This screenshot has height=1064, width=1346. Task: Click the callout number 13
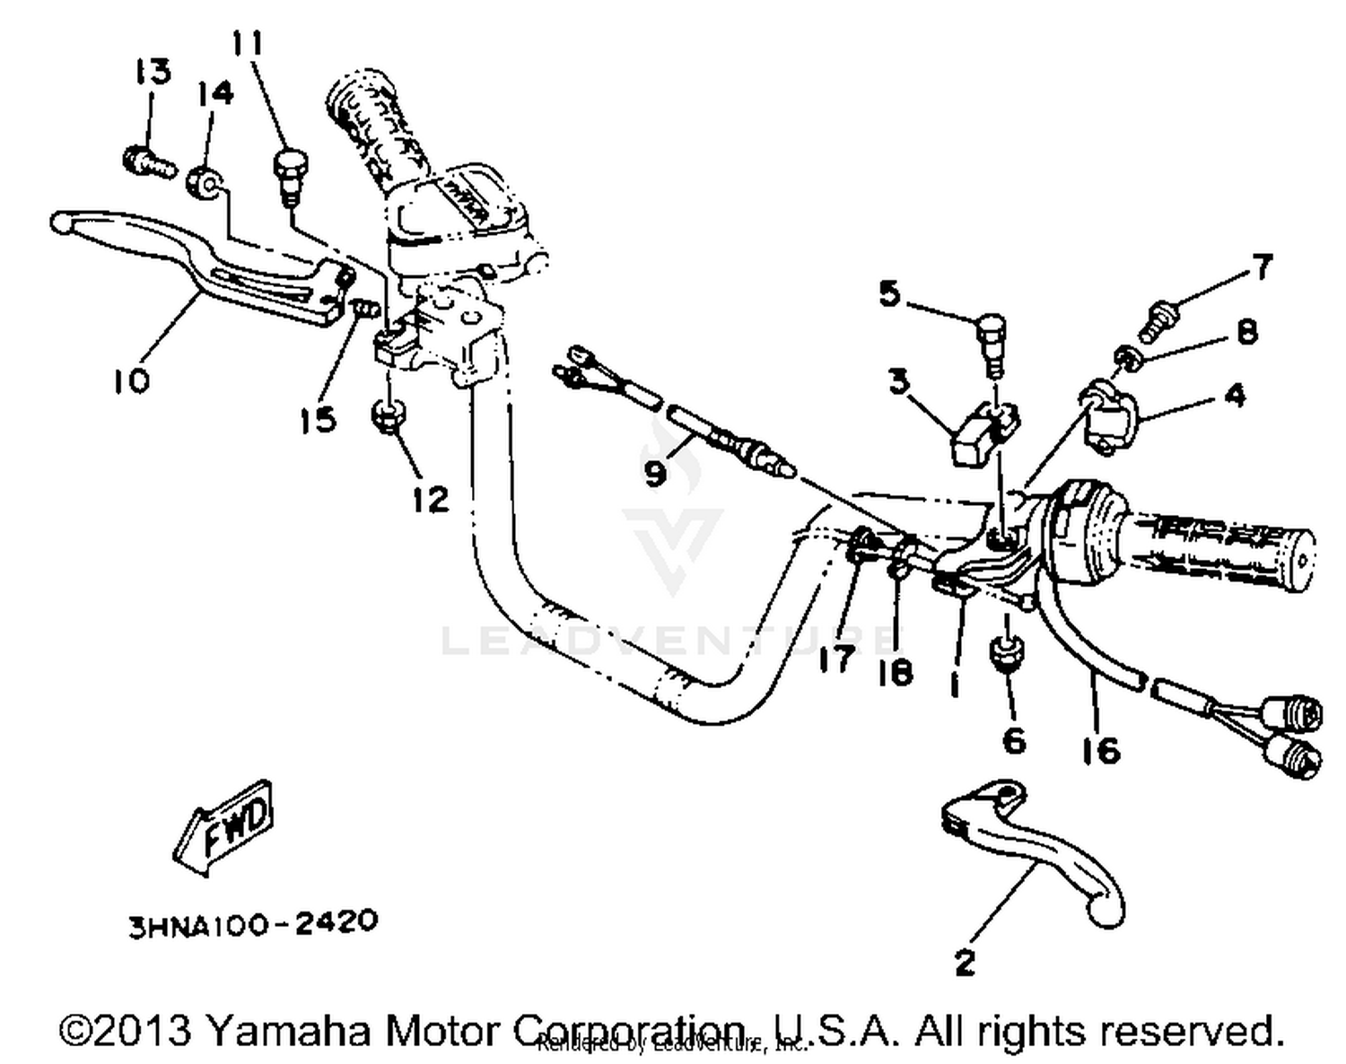click(x=153, y=72)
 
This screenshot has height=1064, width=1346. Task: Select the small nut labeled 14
click(x=205, y=183)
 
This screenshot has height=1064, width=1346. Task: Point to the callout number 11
click(x=248, y=42)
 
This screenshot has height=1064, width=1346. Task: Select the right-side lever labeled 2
click(x=1032, y=848)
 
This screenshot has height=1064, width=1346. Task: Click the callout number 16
click(x=1101, y=749)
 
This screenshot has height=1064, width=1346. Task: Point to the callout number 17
click(x=836, y=659)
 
